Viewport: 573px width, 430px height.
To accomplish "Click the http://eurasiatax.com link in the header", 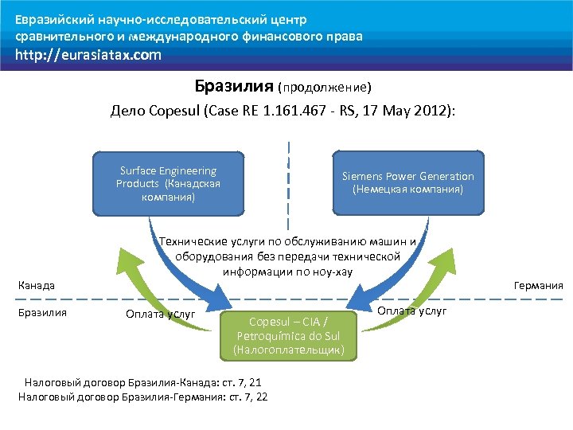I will tap(88, 55).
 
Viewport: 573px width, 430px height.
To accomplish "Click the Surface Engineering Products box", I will tap(168, 183).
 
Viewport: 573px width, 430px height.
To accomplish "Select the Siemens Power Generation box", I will tap(407, 183).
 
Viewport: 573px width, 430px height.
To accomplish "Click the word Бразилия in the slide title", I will tap(234, 85).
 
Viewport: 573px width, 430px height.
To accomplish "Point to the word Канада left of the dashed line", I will tap(36, 285).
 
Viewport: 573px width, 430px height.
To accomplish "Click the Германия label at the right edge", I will tap(539, 285).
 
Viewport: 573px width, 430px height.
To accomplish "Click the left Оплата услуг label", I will tap(160, 314).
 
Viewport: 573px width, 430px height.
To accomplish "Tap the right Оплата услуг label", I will tap(411, 310).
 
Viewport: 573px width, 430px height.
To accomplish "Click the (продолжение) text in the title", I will tap(325, 86).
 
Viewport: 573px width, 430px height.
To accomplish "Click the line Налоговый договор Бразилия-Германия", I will tap(142, 396).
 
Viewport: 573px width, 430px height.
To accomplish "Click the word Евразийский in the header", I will tap(51, 19).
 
